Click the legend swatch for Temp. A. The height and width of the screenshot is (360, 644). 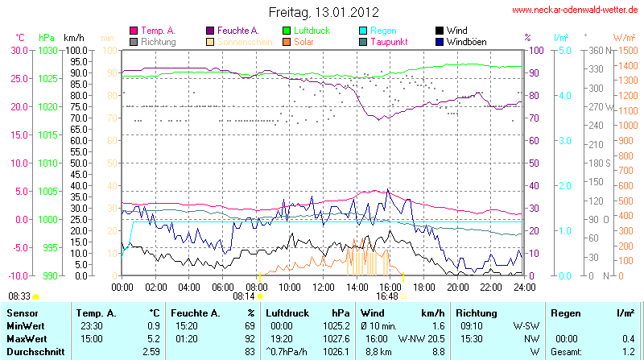[x=134, y=30]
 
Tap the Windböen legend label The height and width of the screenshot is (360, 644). [x=466, y=41]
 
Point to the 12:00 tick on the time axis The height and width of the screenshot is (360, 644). [x=324, y=286]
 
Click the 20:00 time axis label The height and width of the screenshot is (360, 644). [x=457, y=286]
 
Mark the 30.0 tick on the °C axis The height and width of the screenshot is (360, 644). [x=19, y=50]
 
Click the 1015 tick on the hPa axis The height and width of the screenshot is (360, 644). [x=47, y=134]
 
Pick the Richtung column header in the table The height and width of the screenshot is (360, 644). [x=477, y=312]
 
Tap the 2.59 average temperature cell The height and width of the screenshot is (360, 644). [x=151, y=352]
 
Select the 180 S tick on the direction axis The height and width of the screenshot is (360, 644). [x=601, y=163]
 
